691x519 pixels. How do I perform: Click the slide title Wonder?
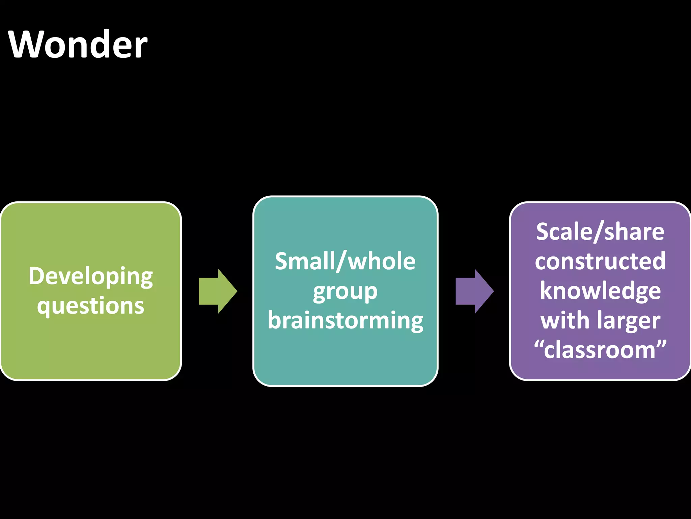78,45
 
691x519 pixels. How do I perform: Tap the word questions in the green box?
90,306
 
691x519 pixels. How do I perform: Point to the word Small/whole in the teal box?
345,262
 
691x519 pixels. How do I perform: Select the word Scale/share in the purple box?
600,232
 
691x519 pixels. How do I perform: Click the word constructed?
600,261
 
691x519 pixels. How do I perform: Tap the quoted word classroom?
600,350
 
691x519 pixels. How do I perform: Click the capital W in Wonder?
26,45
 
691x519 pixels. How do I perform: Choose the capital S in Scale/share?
543,232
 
